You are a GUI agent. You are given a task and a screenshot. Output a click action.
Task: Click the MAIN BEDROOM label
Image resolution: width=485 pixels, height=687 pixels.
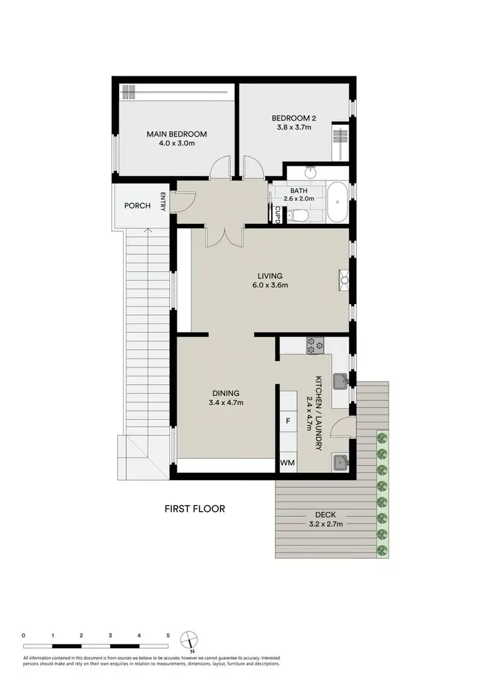pyautogui.click(x=177, y=134)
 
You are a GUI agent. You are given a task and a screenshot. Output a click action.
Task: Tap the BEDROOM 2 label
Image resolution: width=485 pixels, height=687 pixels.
pyautogui.click(x=293, y=118)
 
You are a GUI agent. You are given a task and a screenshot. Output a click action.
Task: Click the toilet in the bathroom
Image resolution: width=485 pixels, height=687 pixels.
pyautogui.click(x=296, y=216)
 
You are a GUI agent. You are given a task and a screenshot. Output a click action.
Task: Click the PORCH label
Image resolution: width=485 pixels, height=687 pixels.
pyautogui.click(x=137, y=206)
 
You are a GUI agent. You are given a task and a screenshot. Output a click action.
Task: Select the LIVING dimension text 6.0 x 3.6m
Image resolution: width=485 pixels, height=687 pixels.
pyautogui.click(x=270, y=285)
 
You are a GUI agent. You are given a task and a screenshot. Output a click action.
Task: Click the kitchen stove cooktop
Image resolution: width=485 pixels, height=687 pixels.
pyautogui.click(x=315, y=345)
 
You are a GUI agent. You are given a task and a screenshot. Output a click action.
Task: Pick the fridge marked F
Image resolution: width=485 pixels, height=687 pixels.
pyautogui.click(x=288, y=421)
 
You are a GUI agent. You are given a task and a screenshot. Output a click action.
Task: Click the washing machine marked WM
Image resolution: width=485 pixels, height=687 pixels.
pyautogui.click(x=288, y=464)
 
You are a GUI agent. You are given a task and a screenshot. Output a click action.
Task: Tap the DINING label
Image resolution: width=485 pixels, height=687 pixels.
pyautogui.click(x=226, y=393)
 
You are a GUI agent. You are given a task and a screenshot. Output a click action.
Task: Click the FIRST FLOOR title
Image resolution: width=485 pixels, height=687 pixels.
pyautogui.click(x=194, y=509)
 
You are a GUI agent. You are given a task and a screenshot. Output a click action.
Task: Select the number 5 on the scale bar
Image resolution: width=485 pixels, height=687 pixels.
pyautogui.click(x=168, y=636)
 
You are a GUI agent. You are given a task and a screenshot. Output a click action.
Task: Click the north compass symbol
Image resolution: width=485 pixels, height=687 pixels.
pyautogui.click(x=188, y=639)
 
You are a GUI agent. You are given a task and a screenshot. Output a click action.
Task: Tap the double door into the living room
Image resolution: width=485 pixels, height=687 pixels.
pyautogui.click(x=223, y=237)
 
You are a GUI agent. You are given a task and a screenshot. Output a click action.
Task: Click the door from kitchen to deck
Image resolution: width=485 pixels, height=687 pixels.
pyautogui.click(x=346, y=427)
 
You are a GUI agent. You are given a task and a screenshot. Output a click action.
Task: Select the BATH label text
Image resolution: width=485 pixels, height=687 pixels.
pyautogui.click(x=299, y=190)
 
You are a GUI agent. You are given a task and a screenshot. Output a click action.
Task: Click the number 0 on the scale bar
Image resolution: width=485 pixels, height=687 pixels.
pyautogui.click(x=23, y=636)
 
